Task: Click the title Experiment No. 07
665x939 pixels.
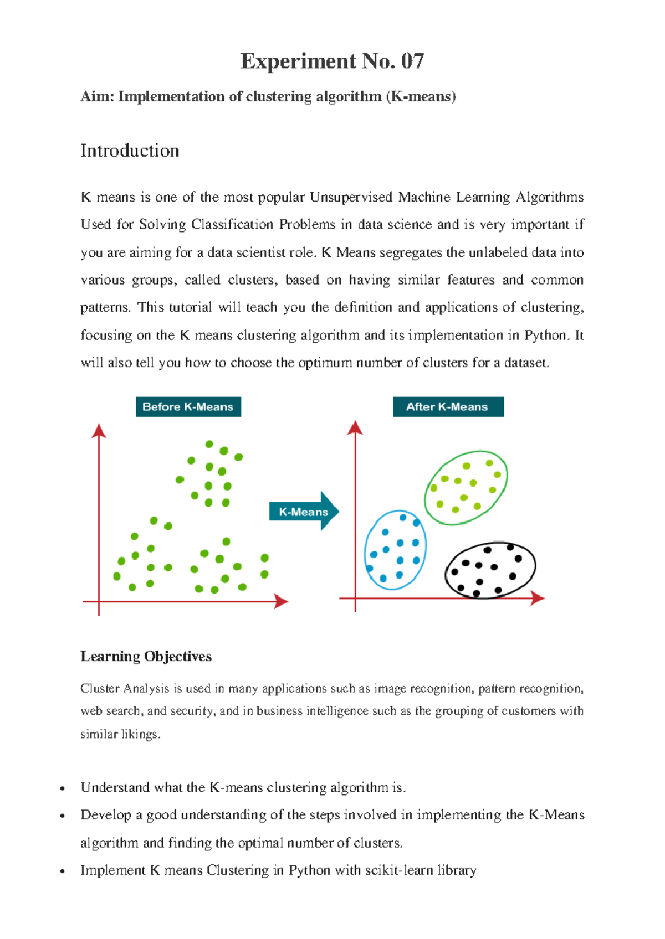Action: click(x=332, y=61)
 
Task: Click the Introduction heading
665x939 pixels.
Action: click(x=130, y=151)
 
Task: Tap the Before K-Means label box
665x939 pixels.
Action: click(x=188, y=407)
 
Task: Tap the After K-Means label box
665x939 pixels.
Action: click(x=448, y=407)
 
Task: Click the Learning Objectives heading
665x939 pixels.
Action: click(x=146, y=657)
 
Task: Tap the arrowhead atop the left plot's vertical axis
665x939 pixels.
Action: click(x=99, y=431)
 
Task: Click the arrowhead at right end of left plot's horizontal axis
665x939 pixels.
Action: click(x=282, y=601)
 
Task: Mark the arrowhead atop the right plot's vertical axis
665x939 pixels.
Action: click(x=355, y=427)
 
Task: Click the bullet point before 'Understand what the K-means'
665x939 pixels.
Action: click(x=63, y=788)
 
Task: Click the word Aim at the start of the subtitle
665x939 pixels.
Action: click(x=97, y=97)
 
